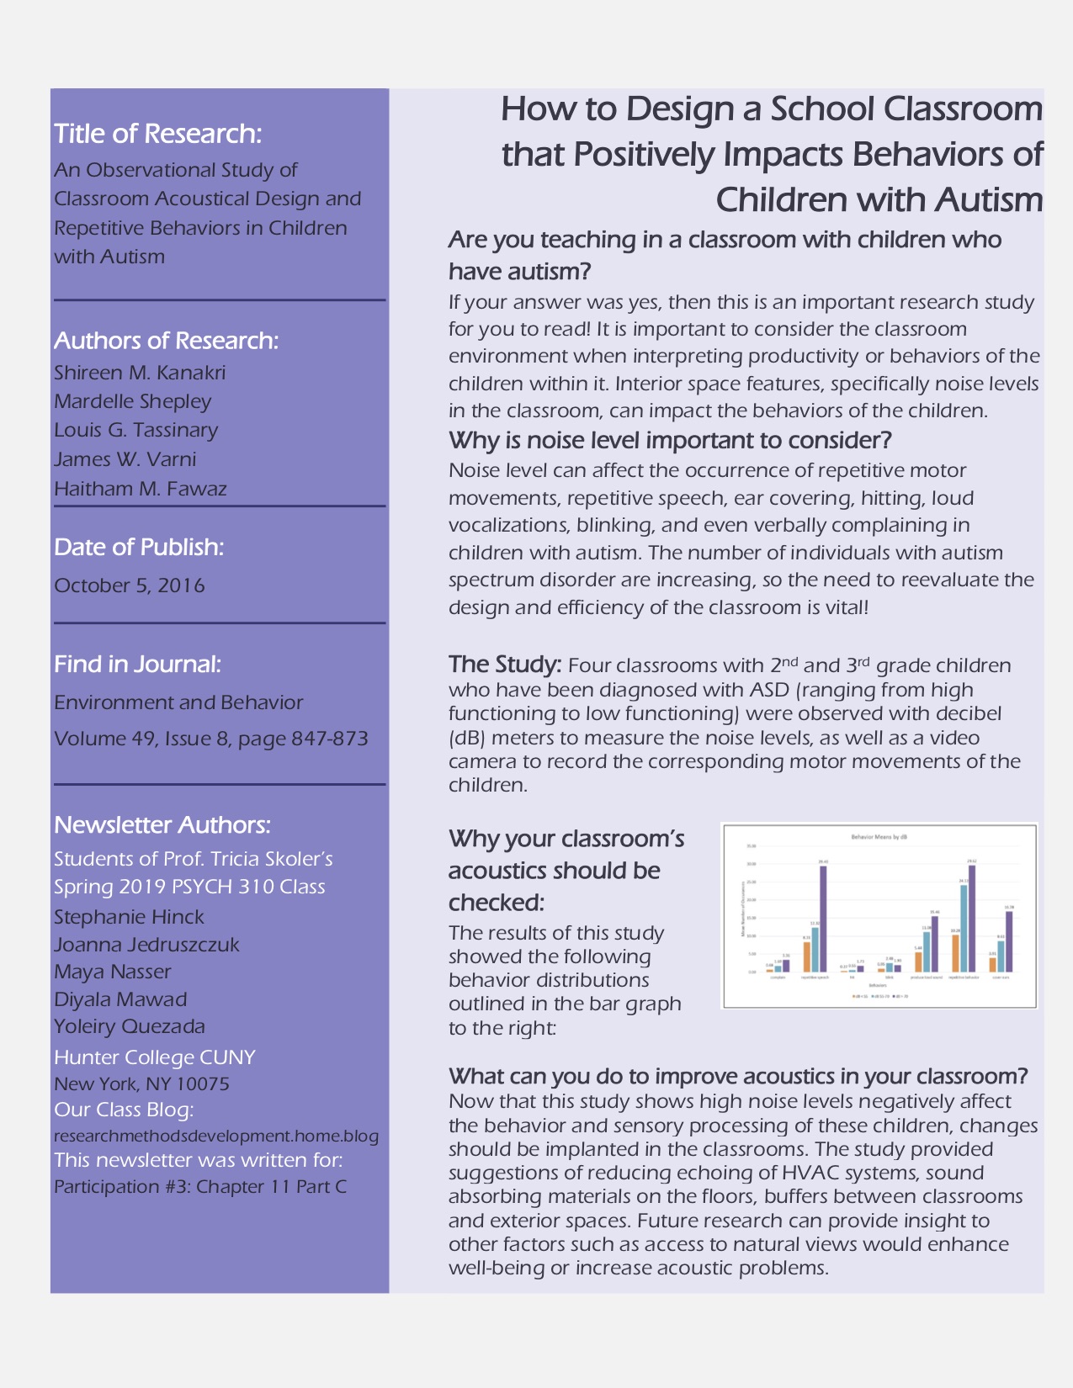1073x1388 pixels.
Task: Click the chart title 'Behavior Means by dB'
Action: pos(879,838)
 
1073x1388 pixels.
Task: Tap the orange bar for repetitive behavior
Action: pos(955,952)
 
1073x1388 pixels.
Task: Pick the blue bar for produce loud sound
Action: pos(927,951)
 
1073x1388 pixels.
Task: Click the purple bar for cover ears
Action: pos(1009,941)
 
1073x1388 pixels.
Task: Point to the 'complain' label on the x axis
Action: pos(778,977)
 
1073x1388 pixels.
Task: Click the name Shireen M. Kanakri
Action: pos(140,373)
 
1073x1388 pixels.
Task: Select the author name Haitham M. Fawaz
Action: pos(141,489)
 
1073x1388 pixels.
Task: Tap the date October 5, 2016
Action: pos(130,585)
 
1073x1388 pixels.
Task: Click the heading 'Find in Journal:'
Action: pos(137,665)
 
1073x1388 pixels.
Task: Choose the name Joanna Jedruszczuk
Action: pos(146,945)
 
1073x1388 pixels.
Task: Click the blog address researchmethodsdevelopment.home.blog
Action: pos(216,1136)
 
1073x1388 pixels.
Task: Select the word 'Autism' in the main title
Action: pos(988,200)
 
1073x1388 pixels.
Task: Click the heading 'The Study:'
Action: pos(505,665)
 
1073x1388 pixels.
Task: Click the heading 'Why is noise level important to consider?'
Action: pos(670,440)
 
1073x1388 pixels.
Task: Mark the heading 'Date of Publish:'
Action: pos(139,547)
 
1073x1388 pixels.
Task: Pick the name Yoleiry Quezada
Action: pos(130,1026)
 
